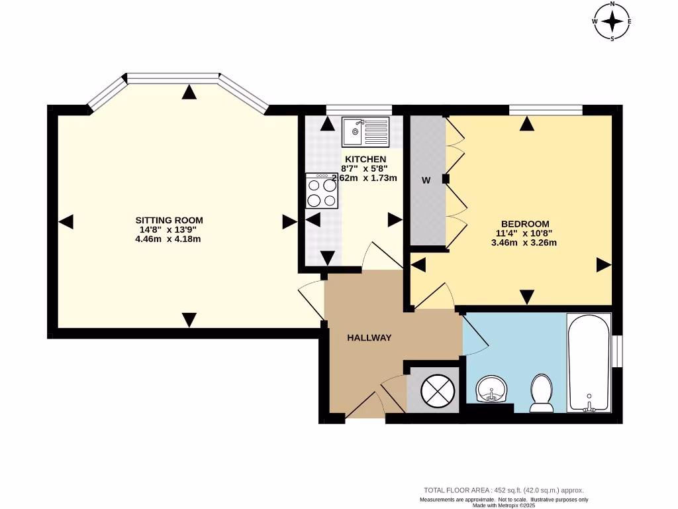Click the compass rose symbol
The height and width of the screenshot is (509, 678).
coord(612,21)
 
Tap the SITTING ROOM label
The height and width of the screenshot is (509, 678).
coord(169,220)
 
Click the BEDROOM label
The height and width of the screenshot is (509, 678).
coord(524,224)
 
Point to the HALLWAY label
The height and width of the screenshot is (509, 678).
coord(369,337)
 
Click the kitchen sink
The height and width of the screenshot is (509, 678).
coord(365,131)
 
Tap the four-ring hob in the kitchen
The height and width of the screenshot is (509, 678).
coord(322,191)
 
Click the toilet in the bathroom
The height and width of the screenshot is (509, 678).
coord(542,392)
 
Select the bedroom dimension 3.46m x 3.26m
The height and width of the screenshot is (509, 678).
coord(524,243)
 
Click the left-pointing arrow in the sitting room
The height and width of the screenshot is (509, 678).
coord(66,223)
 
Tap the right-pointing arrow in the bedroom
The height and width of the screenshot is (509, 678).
coord(603,265)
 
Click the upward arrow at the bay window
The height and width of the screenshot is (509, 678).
coord(190,92)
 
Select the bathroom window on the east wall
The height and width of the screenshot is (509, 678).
coord(617,351)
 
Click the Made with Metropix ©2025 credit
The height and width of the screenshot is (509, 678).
coord(504,505)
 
